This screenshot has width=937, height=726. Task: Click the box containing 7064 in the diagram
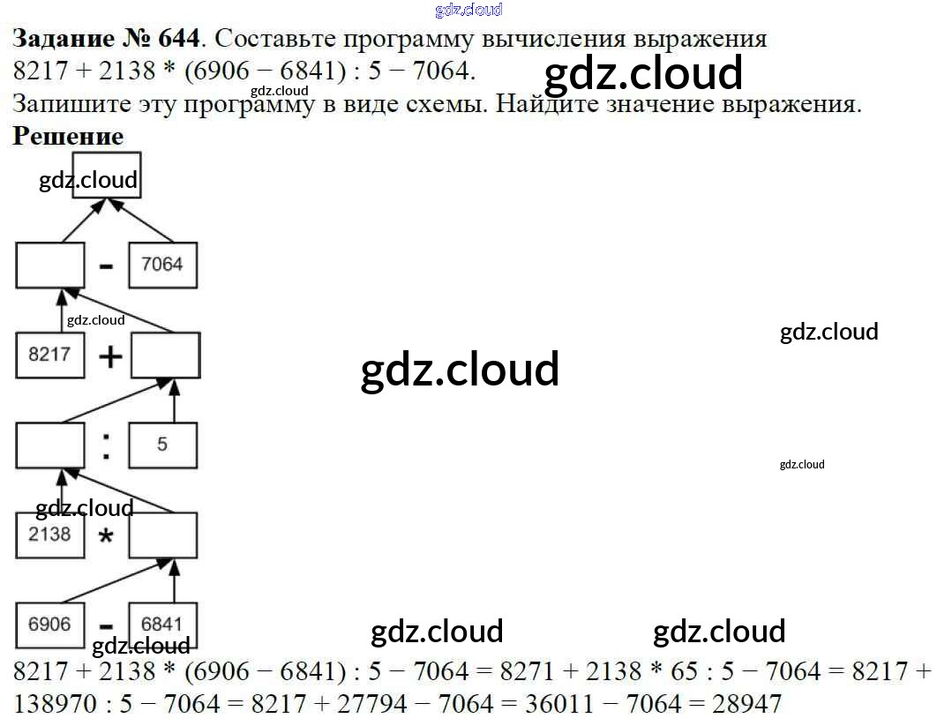click(162, 265)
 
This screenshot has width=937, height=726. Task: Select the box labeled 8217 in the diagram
click(49, 355)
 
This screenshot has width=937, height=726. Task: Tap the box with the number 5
click(162, 445)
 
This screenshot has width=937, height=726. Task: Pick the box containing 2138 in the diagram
click(49, 535)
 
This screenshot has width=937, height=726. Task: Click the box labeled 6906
click(49, 625)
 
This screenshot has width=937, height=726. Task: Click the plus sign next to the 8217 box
click(109, 356)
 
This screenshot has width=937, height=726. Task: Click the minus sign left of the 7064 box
click(107, 266)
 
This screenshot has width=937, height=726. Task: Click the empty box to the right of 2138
click(162, 535)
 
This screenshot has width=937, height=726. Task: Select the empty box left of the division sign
click(49, 445)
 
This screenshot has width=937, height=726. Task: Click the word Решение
click(68, 137)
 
